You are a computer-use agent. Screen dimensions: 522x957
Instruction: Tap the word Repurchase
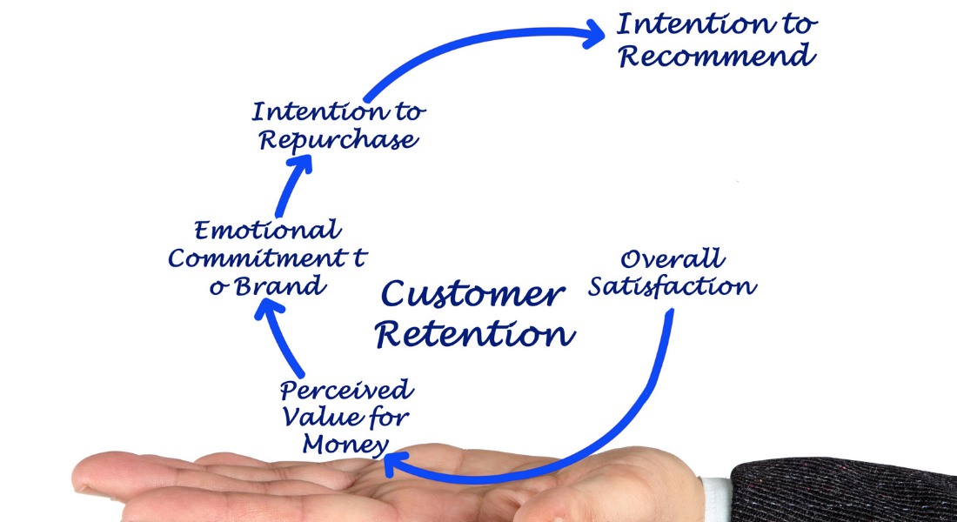338,140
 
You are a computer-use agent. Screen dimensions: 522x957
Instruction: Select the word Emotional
266,231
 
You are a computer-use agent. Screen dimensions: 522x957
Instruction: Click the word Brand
278,284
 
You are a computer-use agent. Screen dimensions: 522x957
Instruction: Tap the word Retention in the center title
475,333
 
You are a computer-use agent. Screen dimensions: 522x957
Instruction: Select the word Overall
672,258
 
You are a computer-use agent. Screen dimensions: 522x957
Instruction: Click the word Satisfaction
672,286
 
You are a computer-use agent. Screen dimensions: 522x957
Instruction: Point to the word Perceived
346,389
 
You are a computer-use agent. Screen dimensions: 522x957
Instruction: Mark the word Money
345,445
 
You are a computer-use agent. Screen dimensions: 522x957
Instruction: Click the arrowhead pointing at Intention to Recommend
593,35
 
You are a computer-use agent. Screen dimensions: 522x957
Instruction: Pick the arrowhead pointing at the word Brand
270,310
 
